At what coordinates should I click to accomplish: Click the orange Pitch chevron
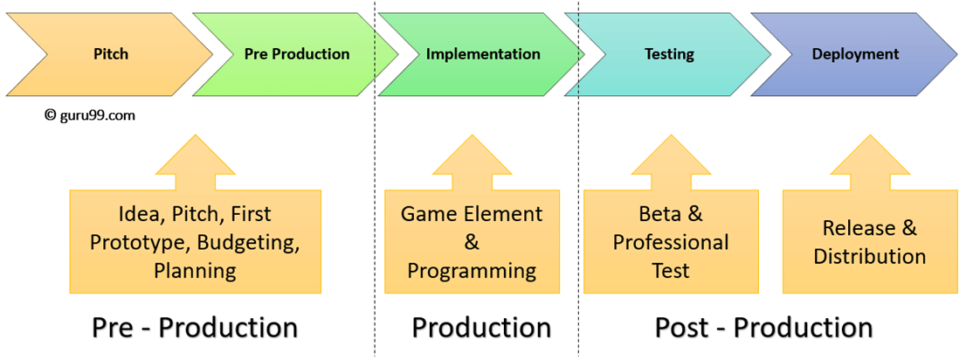click(111, 54)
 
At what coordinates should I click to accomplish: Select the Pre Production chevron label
click(297, 54)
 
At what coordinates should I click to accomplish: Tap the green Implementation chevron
click(483, 54)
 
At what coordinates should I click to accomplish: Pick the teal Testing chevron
click(669, 54)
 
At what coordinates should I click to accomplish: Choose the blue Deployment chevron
click(855, 54)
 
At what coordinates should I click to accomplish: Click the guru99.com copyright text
click(90, 114)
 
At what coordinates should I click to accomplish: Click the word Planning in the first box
click(195, 270)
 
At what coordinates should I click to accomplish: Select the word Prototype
click(138, 242)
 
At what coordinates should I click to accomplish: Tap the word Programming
click(472, 270)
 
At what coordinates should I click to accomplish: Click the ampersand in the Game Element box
click(472, 242)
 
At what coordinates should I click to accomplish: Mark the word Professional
click(671, 242)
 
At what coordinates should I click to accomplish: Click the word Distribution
click(869, 256)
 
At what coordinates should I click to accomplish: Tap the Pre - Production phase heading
click(195, 328)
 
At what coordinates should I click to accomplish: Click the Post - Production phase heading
click(763, 328)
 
